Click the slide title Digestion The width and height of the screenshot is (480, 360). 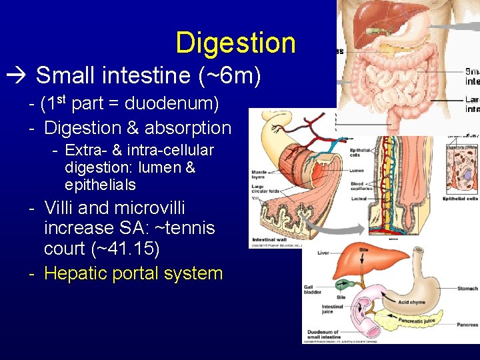pyautogui.click(x=235, y=43)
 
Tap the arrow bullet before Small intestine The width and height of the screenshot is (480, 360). pyautogui.click(x=20, y=75)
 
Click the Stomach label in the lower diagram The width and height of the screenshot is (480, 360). pyautogui.click(x=467, y=289)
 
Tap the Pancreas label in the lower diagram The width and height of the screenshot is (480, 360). pyautogui.click(x=467, y=325)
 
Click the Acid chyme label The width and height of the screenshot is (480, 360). pyautogui.click(x=413, y=302)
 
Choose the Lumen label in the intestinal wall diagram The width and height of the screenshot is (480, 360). pyautogui.click(x=357, y=171)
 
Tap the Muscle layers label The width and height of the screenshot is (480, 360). pyautogui.click(x=259, y=175)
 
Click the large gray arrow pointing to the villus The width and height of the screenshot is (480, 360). pyautogui.click(x=347, y=229)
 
